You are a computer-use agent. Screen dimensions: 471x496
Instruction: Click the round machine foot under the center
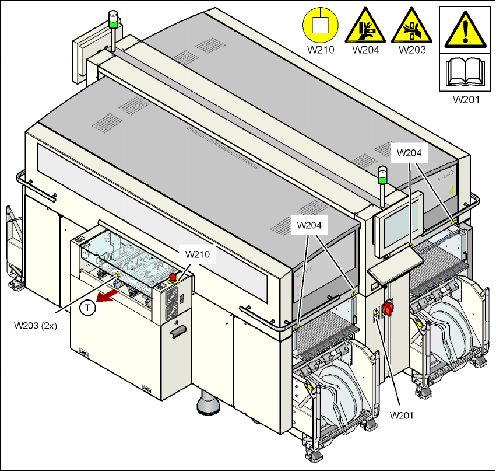[207, 403]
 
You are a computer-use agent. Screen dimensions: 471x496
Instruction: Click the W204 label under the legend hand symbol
[365, 50]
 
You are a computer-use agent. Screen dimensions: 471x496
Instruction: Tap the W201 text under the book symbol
[466, 99]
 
